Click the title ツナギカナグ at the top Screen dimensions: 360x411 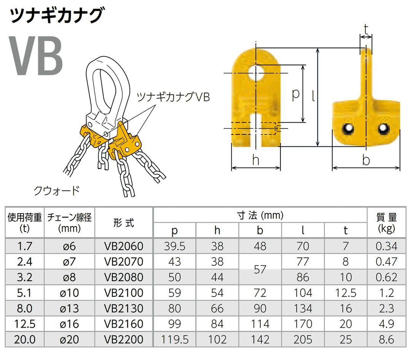56,16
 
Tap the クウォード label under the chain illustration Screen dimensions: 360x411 57,190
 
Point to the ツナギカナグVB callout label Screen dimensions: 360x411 173,97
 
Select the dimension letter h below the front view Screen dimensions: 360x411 256,161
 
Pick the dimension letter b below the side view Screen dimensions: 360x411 366,160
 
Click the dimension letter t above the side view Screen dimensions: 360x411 366,29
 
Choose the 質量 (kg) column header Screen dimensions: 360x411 386,222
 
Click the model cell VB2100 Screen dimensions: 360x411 124,293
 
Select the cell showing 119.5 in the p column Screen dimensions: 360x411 175,339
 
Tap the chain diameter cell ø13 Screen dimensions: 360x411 69,308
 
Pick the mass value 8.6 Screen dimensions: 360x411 386,339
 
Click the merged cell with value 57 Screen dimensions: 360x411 260,269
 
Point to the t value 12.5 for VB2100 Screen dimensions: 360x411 346,293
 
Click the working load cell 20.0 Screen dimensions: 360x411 25,339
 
